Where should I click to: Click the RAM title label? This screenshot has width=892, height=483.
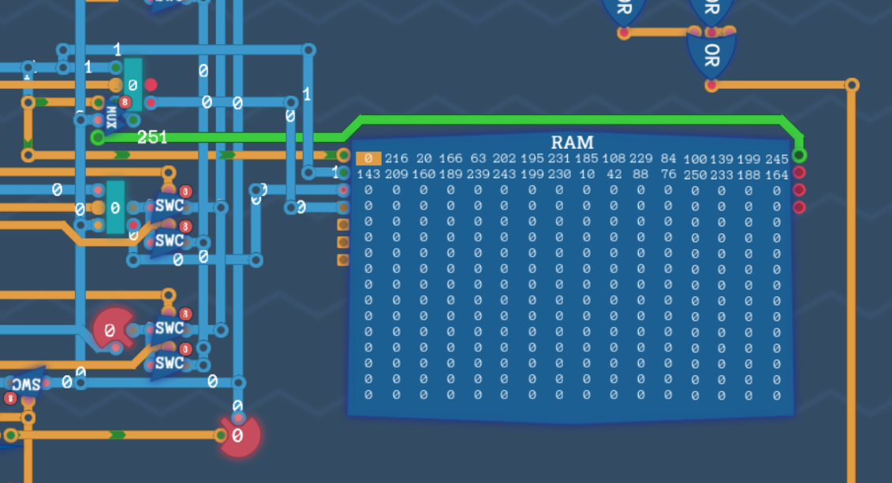coord(573,143)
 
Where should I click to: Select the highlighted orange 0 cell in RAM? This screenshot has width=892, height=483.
coord(368,159)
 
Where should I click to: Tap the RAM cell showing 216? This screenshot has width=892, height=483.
coord(396,159)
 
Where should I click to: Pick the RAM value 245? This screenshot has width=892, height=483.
coord(776,159)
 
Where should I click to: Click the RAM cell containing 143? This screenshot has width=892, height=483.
coord(368,174)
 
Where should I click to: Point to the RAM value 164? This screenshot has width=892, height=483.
coord(776,174)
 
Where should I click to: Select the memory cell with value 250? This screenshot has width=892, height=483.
coord(695,174)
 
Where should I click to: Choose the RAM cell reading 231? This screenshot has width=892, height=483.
coord(559,159)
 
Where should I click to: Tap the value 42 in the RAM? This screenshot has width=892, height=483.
coord(614,174)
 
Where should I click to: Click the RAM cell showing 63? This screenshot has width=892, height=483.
coord(478,159)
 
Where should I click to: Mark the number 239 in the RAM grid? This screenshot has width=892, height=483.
coord(478,174)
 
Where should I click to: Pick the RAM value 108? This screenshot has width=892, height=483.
coord(614,159)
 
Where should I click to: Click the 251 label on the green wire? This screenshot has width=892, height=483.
coord(152,137)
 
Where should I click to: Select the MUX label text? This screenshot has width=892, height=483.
coord(111,117)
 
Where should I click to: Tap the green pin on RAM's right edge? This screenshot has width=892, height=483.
coord(799,155)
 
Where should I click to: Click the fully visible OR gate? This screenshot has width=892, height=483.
coord(711,55)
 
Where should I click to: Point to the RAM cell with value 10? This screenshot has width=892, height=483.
coord(586,174)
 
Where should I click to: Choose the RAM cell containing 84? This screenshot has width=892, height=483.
coord(668,159)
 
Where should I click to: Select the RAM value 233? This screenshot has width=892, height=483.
coord(722,174)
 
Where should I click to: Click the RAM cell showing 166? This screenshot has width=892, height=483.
coord(450,159)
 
